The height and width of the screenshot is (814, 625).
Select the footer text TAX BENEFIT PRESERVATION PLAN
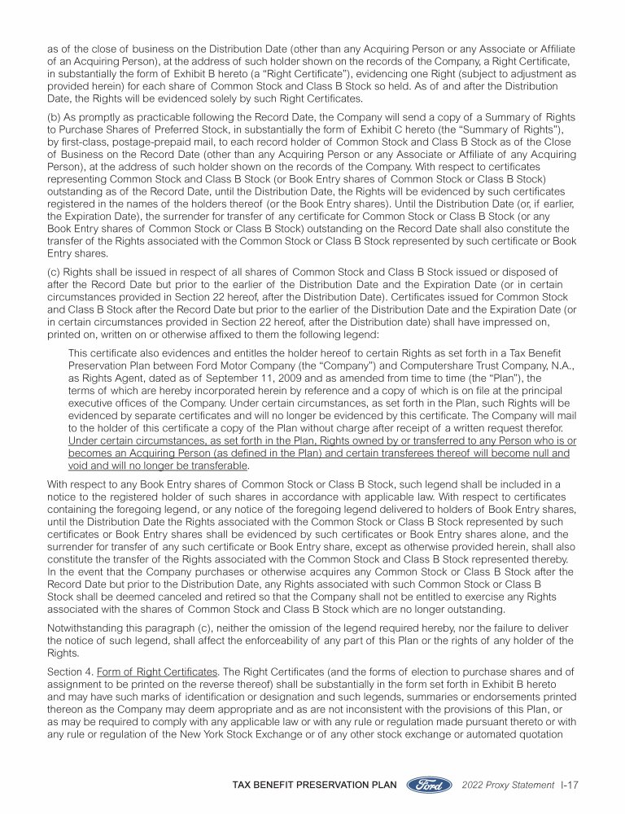pos(314,785)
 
